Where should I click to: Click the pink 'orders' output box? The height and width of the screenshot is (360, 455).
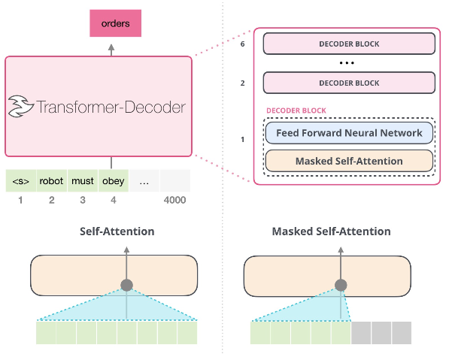(115, 24)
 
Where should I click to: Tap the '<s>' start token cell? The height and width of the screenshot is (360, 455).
(20, 181)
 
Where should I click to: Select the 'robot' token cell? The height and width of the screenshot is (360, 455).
(52, 181)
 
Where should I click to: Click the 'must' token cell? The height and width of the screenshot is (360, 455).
(83, 181)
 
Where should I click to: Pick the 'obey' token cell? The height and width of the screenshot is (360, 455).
(114, 181)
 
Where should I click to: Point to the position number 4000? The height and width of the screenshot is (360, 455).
(174, 200)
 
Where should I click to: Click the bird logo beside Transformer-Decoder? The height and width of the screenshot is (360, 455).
(22, 107)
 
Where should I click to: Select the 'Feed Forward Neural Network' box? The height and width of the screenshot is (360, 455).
(349, 133)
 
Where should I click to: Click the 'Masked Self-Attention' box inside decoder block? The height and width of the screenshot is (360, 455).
(349, 161)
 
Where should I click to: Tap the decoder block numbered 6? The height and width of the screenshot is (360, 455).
(349, 44)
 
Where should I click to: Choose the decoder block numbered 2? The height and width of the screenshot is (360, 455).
(349, 82)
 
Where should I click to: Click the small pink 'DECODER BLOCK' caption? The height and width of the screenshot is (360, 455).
(296, 110)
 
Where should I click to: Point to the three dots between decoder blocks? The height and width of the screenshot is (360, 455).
(349, 62)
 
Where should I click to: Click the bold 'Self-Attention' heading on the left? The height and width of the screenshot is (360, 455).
(117, 231)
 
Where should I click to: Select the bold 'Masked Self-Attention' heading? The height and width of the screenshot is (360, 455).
(331, 231)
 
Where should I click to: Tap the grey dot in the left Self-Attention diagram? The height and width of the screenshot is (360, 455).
(127, 286)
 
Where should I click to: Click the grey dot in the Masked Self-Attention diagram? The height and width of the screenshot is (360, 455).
(341, 286)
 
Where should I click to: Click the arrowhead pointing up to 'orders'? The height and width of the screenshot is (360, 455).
(112, 47)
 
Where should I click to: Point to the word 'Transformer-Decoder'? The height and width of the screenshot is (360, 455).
(111, 107)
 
